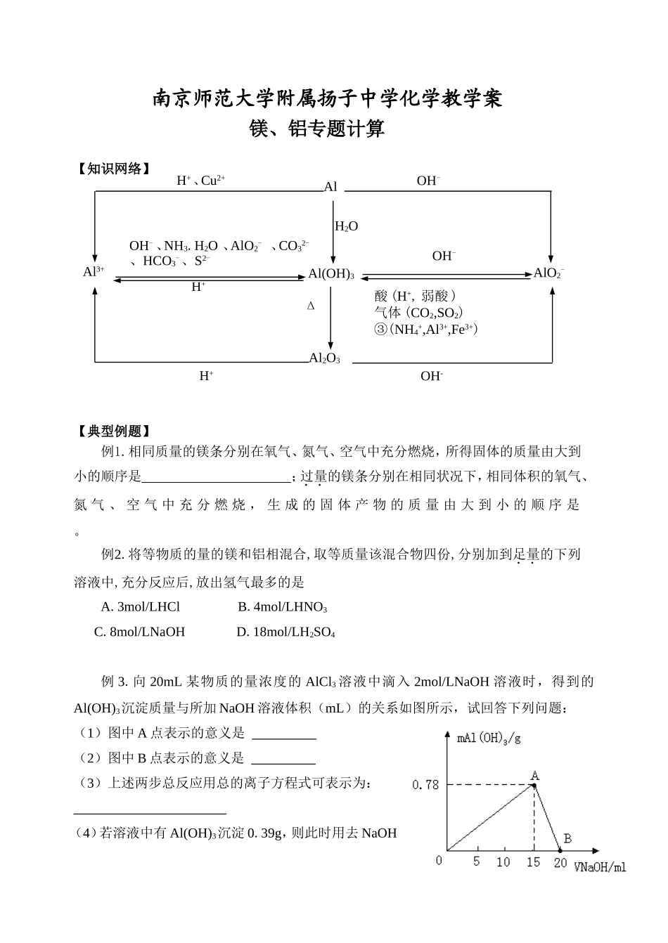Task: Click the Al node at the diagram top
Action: tap(330, 187)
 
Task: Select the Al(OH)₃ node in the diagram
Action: tap(331, 274)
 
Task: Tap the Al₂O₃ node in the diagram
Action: tap(325, 358)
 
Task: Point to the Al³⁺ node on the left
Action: tap(94, 272)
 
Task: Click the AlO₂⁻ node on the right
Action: tap(549, 273)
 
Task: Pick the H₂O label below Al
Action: tap(347, 226)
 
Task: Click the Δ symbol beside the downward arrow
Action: tap(311, 306)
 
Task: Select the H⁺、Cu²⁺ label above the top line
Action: tap(200, 181)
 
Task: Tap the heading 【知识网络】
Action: tap(114, 169)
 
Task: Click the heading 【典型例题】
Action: tap(114, 431)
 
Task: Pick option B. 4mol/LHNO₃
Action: tap(282, 607)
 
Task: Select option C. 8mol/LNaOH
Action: tap(139, 632)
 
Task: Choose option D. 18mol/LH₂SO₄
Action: tap(285, 632)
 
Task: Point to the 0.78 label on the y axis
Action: tap(425, 784)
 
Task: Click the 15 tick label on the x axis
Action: tap(534, 862)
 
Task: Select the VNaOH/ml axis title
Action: tap(599, 867)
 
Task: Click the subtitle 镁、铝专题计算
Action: tap(318, 129)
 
